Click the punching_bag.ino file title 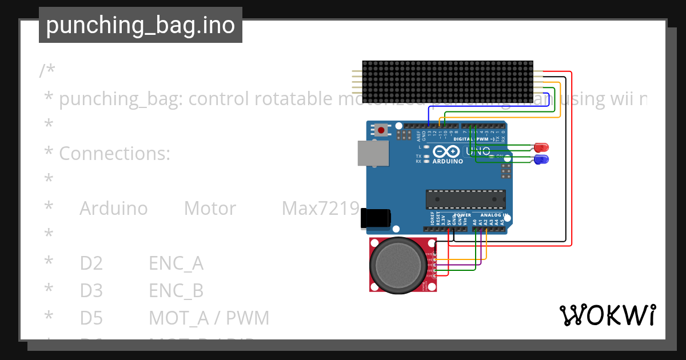click(141, 26)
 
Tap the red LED click(540, 147)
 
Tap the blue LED click(540, 159)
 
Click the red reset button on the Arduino click(381, 130)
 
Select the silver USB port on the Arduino click(373, 154)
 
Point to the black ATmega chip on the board click(465, 199)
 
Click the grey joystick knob click(398, 265)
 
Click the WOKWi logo click(607, 315)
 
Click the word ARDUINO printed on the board click(447, 162)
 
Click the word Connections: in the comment click(114, 154)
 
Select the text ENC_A click(176, 263)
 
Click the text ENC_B click(176, 291)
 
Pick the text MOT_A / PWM click(209, 318)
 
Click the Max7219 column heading click(320, 209)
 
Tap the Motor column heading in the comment click(210, 209)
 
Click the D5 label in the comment click(91, 318)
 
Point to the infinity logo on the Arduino click(446, 151)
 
